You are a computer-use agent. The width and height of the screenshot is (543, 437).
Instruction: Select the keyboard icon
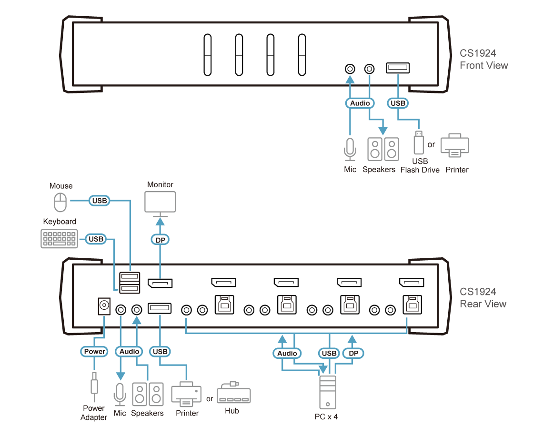coord(60,239)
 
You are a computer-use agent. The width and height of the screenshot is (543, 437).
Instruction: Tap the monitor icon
coord(160,203)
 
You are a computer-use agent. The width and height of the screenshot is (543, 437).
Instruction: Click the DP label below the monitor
coord(160,240)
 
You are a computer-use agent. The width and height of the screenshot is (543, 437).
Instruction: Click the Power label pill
coord(95,351)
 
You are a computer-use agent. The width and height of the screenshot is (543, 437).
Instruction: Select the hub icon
coord(233,394)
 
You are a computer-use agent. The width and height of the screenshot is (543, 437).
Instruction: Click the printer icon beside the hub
coord(186,394)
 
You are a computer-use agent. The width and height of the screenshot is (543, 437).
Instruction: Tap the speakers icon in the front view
coord(383,149)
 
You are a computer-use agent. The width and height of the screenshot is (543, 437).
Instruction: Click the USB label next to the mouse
coord(100,201)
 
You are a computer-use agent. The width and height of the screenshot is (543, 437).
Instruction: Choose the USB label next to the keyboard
coord(96,238)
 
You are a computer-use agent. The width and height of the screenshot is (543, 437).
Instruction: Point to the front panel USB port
coord(398,68)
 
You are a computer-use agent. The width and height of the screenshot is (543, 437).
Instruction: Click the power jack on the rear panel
coord(104,306)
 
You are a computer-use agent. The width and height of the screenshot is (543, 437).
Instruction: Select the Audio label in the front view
coord(360,103)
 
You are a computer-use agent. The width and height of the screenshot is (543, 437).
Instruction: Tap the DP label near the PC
coord(352,353)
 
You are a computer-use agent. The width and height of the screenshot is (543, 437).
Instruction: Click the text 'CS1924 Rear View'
coord(483,298)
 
